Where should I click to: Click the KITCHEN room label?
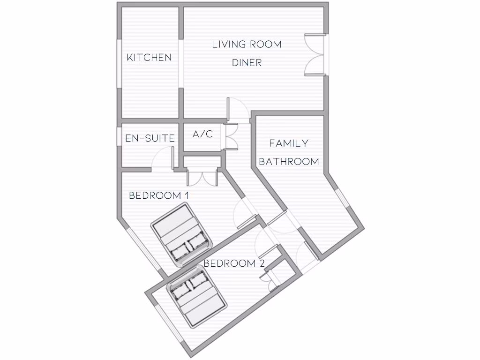click(x=149, y=58)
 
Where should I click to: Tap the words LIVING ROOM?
click(x=247, y=45)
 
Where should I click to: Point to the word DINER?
click(x=247, y=63)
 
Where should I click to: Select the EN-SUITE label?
click(x=150, y=138)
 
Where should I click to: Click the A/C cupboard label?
click(x=202, y=135)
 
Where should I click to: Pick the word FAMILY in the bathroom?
click(x=289, y=143)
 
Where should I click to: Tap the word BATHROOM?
click(x=289, y=162)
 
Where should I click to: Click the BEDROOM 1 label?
click(x=158, y=195)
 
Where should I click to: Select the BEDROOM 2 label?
click(x=234, y=263)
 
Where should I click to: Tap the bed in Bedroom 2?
click(x=197, y=296)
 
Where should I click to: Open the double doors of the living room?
click(x=315, y=54)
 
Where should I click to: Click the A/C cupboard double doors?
click(x=232, y=136)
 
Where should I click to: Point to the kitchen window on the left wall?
click(x=119, y=63)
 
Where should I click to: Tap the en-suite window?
click(x=119, y=136)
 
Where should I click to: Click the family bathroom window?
click(x=342, y=197)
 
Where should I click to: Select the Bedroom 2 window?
click(x=167, y=324)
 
